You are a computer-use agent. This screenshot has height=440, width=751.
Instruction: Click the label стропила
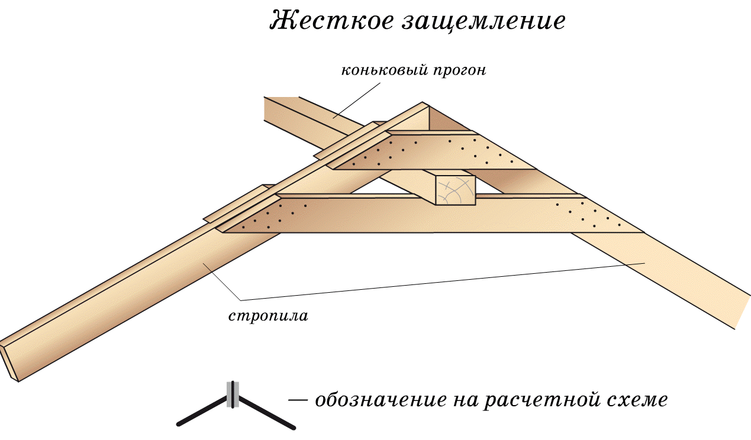(268, 315)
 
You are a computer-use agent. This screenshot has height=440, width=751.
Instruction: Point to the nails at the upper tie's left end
(379, 154)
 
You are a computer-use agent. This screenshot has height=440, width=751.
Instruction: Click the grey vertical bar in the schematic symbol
(233, 394)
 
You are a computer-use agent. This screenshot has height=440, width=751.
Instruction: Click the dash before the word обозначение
(298, 400)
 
